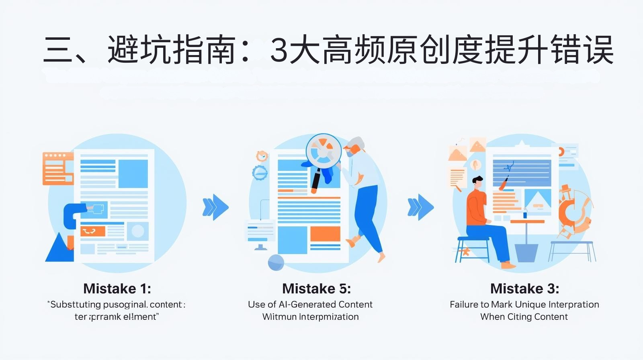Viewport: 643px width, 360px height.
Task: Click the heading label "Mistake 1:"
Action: pos(117,288)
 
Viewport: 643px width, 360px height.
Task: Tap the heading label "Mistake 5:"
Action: pos(316,288)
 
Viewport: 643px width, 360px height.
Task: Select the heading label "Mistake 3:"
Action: pos(524,288)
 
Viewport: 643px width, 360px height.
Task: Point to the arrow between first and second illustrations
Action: pos(215,207)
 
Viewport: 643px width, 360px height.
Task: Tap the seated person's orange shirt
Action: pos(477,207)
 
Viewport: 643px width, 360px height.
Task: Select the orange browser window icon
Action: pos(57,169)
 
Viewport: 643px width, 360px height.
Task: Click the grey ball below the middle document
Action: pos(276,263)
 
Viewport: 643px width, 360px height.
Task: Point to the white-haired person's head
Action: pos(355,147)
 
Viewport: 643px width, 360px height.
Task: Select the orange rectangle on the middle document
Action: pos(325,234)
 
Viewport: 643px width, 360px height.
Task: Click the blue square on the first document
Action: pos(133,174)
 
